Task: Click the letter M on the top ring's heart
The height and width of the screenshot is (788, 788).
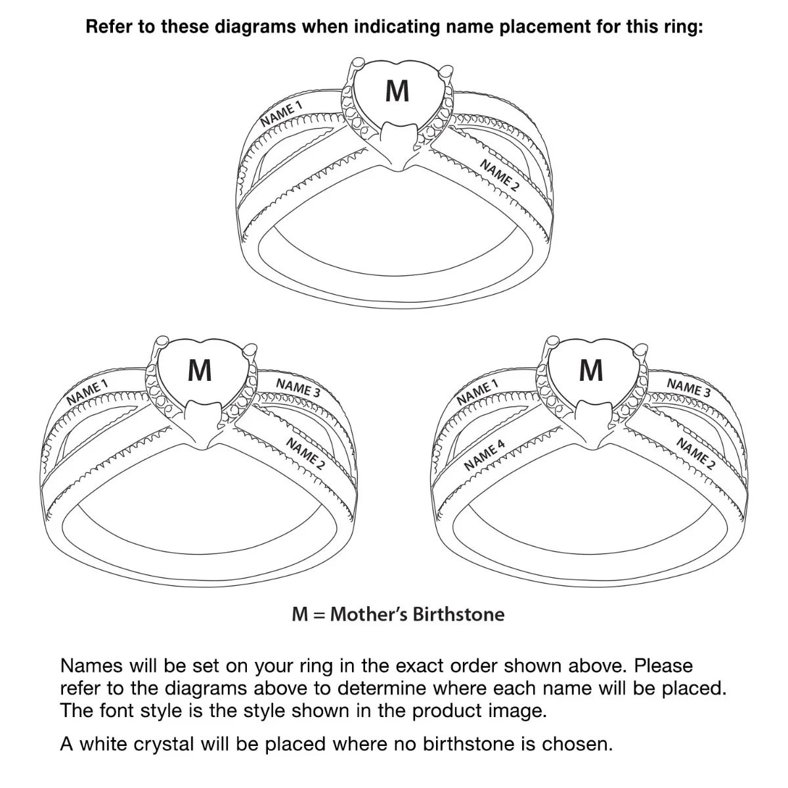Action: point(397,91)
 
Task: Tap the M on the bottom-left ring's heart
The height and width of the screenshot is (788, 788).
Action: point(200,370)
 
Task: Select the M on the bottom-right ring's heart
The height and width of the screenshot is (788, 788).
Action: point(591,370)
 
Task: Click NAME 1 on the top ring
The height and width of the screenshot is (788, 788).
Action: point(281,113)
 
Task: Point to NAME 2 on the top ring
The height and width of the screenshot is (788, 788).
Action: point(499,175)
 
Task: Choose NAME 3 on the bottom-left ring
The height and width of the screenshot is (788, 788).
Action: point(298,387)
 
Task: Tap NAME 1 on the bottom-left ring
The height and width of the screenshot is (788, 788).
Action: point(87,392)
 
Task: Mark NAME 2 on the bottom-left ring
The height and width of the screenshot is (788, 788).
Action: point(305,454)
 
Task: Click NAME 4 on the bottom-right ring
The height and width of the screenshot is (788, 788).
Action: point(485,455)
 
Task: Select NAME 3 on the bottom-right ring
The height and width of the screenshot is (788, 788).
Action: point(689,387)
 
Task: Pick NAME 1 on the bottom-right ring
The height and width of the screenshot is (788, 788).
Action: point(477,392)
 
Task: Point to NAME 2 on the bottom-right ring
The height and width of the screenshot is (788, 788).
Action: point(696,454)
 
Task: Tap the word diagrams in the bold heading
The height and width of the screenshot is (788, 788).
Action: point(255,27)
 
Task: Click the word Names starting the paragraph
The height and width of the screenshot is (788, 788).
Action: point(91,666)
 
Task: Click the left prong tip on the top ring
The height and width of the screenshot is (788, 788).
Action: point(358,62)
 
